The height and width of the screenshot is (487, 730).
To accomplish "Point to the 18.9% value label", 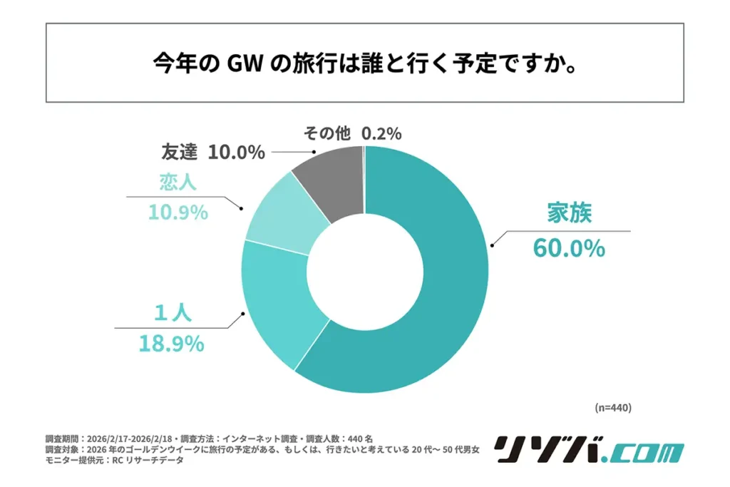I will [x=170, y=344].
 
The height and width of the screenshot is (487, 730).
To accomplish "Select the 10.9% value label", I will [x=178, y=212].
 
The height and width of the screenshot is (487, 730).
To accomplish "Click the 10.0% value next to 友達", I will [x=237, y=152].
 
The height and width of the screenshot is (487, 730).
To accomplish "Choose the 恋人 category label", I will [x=178, y=183].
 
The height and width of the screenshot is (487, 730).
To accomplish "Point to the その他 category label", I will [x=329, y=133].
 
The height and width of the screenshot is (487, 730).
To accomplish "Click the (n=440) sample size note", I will [x=612, y=407].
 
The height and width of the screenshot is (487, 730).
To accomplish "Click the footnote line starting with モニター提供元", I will [x=114, y=461].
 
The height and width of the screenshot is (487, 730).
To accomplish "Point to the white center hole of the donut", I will [x=365, y=269].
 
